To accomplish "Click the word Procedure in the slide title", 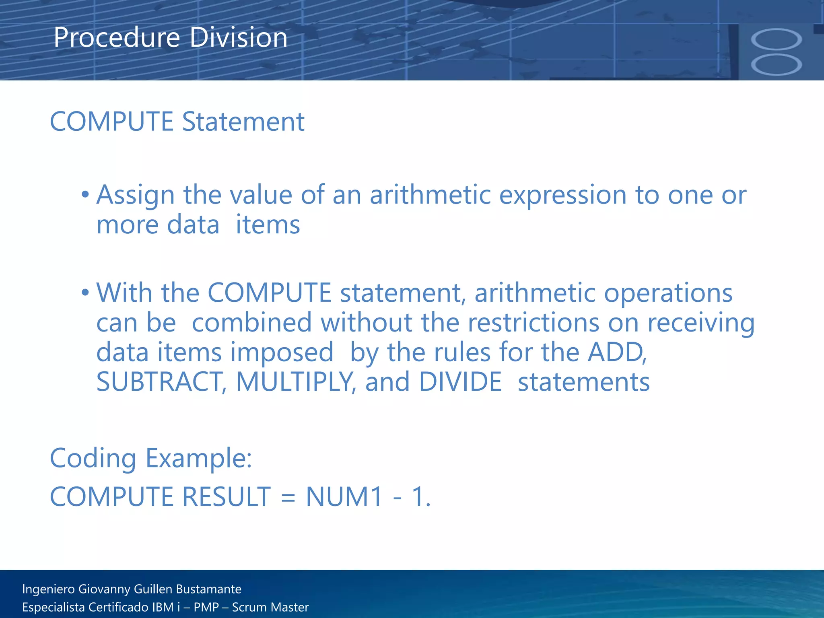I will (x=117, y=37).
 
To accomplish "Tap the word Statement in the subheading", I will (x=243, y=122).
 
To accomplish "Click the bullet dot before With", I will (x=85, y=293).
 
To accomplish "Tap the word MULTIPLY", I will (x=295, y=382).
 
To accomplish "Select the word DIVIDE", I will (x=460, y=382).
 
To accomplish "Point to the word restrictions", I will (x=533, y=323).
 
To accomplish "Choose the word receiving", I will (x=700, y=323).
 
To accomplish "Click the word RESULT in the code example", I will (x=227, y=497).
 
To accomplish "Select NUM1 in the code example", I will (x=344, y=497).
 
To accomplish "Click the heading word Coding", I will (x=93, y=459).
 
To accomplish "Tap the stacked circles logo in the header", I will (x=776, y=52).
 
